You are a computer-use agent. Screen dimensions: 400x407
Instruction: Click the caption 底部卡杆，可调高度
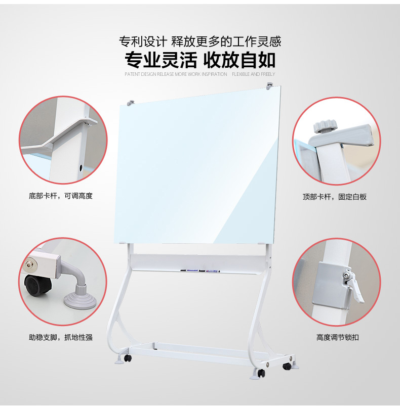tap(61, 196)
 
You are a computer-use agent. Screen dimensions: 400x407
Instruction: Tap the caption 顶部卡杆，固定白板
tap(335, 197)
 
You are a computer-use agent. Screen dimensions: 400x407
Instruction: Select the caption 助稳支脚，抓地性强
tap(61, 337)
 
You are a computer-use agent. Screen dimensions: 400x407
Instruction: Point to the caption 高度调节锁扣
tap(337, 337)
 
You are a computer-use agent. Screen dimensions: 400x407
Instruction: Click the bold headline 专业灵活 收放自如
tap(200, 60)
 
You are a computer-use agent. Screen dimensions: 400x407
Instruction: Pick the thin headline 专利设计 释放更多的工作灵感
tap(200, 41)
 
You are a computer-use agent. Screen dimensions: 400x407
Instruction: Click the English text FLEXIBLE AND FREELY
tap(253, 74)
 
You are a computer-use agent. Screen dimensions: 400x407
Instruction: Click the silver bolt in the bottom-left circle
tap(31, 264)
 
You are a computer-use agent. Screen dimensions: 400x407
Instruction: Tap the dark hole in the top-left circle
tap(82, 167)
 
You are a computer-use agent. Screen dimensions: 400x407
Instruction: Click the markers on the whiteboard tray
tap(200, 271)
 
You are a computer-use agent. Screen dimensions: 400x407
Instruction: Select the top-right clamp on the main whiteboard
tap(270, 84)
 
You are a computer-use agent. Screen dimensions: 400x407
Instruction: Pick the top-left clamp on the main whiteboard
tap(131, 102)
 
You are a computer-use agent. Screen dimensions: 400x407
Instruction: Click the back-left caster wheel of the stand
tap(128, 358)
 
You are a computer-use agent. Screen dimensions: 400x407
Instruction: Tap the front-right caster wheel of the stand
tap(261, 373)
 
